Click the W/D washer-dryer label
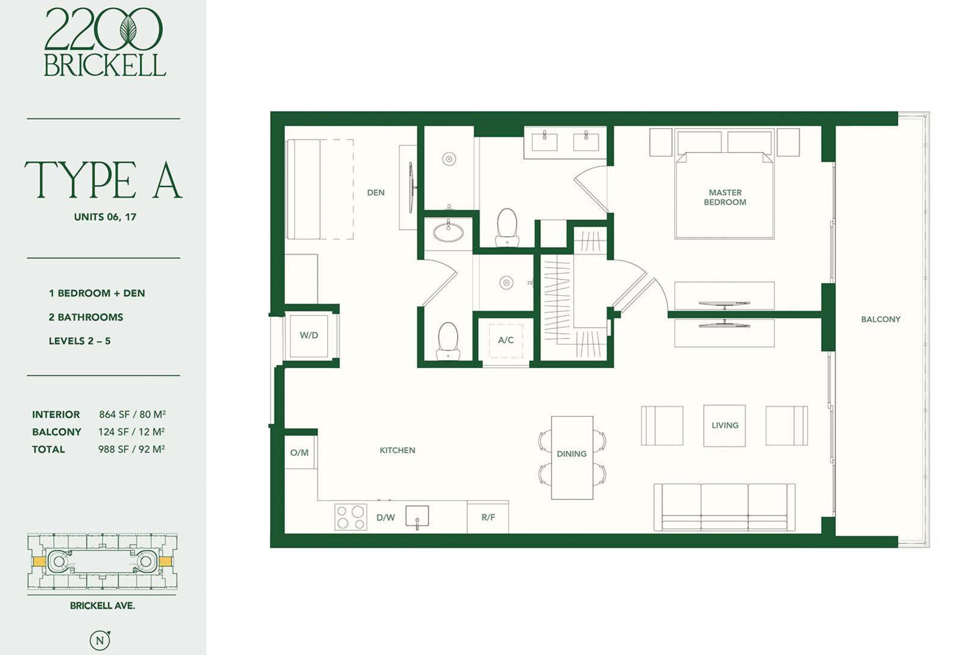[x=309, y=335]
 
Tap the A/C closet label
[x=506, y=340]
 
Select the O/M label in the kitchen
[x=299, y=452]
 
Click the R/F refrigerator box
[x=488, y=517]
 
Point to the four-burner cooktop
[x=351, y=517]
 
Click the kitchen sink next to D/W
[x=417, y=517]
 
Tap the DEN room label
[x=376, y=193]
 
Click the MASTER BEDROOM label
[x=725, y=197]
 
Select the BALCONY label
[x=881, y=319]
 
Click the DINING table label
[x=571, y=454]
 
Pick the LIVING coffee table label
[x=725, y=425]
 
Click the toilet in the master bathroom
[x=507, y=227]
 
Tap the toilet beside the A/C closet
[x=448, y=341]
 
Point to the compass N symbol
[x=100, y=640]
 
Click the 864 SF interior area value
[x=114, y=414]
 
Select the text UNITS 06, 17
[x=105, y=217]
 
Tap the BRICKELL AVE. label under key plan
[x=102, y=606]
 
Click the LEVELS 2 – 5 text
[x=80, y=341]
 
